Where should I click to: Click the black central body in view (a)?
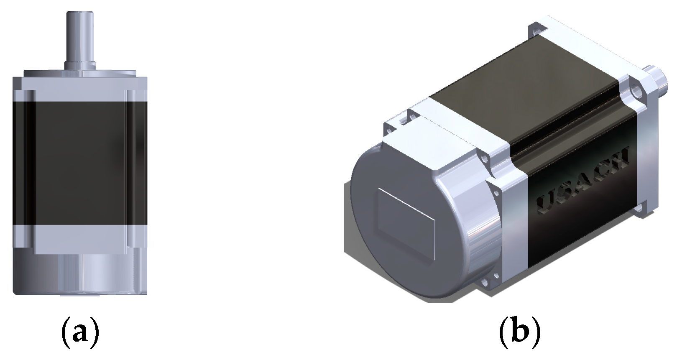[79, 163]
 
